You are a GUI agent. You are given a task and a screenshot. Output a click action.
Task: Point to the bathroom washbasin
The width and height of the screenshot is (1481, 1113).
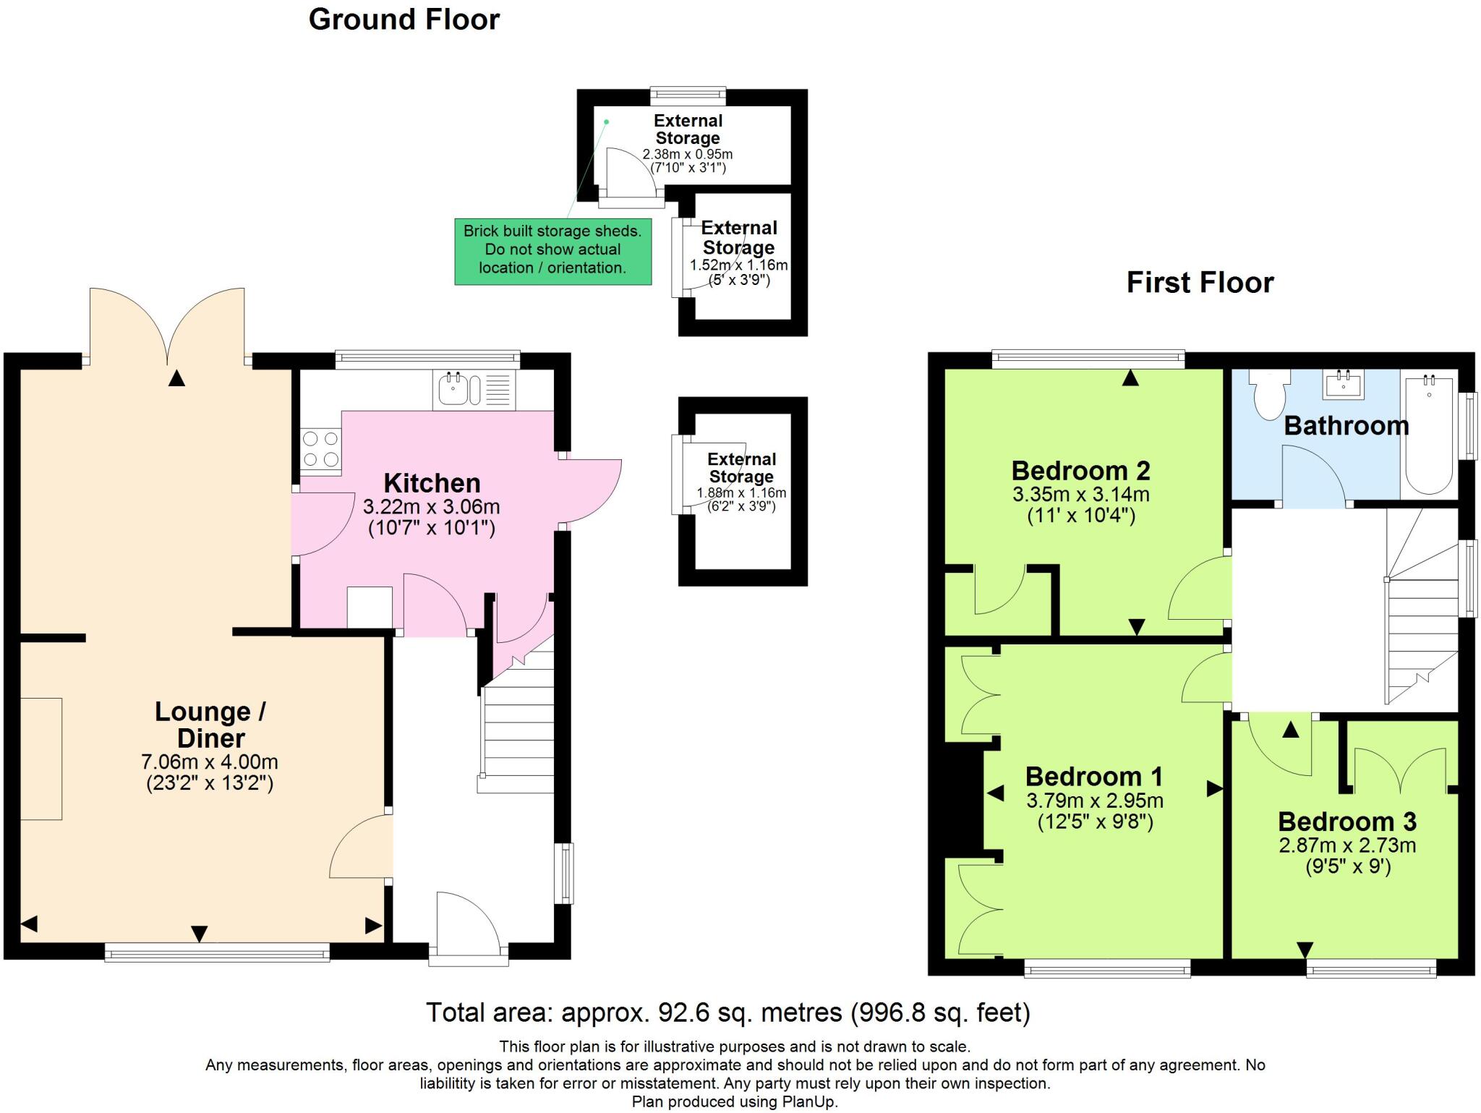pyautogui.click(x=1344, y=384)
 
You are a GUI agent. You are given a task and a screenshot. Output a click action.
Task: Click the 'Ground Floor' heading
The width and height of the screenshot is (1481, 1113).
pyautogui.click(x=404, y=20)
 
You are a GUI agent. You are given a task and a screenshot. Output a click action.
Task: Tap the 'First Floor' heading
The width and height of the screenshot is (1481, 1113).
pyautogui.click(x=1200, y=282)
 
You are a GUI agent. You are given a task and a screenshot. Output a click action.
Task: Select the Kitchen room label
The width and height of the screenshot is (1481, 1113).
pyautogui.click(x=432, y=483)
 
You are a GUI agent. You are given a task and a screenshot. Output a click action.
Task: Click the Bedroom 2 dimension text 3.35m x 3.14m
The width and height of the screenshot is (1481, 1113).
pyautogui.click(x=1081, y=495)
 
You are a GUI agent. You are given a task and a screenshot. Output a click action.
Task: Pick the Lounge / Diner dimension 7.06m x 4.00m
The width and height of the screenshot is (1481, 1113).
pyautogui.click(x=210, y=762)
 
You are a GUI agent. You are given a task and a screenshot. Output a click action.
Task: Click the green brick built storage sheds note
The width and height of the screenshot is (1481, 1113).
pyautogui.click(x=553, y=250)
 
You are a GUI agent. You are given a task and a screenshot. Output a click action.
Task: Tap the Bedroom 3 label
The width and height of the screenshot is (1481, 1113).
pyautogui.click(x=1347, y=822)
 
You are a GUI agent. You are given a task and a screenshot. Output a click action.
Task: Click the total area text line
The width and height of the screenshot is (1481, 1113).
pyautogui.click(x=727, y=1012)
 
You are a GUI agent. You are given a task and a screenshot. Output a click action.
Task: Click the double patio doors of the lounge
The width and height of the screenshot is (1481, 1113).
pyautogui.click(x=167, y=325)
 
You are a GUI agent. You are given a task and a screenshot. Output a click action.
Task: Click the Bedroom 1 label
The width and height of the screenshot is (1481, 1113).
pyautogui.click(x=1094, y=777)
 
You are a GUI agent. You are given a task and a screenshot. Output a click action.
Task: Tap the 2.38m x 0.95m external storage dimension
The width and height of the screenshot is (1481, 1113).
pyautogui.click(x=688, y=154)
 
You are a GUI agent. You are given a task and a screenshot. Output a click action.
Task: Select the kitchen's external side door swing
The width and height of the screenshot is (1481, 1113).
pyautogui.click(x=589, y=492)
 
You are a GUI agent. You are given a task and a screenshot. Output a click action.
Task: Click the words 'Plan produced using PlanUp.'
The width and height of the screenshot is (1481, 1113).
pyautogui.click(x=735, y=1102)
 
